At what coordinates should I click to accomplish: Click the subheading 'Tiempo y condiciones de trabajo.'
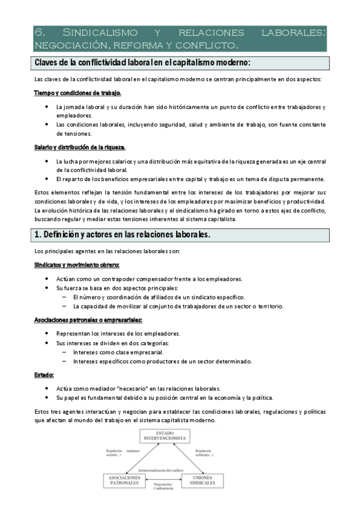78,93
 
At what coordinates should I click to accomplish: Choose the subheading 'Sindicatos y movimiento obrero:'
77,265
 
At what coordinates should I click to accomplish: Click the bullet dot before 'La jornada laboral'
47,107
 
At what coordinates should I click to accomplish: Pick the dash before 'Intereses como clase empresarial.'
64,352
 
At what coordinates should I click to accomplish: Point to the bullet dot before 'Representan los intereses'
47,333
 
